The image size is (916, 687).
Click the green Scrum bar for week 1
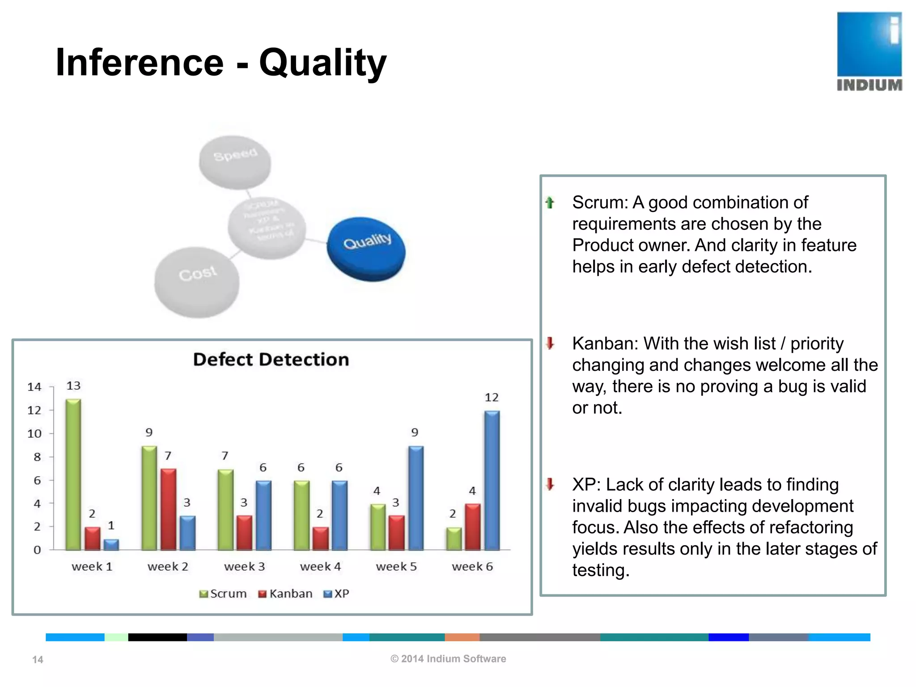(x=73, y=474)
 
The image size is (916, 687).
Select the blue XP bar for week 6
(x=492, y=480)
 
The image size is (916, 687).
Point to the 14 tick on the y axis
(x=34, y=387)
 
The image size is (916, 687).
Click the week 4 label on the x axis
(x=320, y=566)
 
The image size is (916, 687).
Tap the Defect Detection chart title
(x=271, y=360)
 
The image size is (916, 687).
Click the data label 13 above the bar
(x=73, y=386)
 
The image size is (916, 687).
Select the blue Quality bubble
(x=366, y=249)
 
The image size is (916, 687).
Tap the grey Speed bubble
(x=235, y=162)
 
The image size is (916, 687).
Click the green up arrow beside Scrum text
(x=550, y=203)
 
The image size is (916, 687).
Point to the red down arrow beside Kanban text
(x=550, y=343)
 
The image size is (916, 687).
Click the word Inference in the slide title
(x=139, y=63)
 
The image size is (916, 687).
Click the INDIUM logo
(x=869, y=51)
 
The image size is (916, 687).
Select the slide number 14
(x=38, y=659)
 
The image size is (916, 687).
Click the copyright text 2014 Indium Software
(x=448, y=658)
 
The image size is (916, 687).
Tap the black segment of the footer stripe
(x=157, y=637)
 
